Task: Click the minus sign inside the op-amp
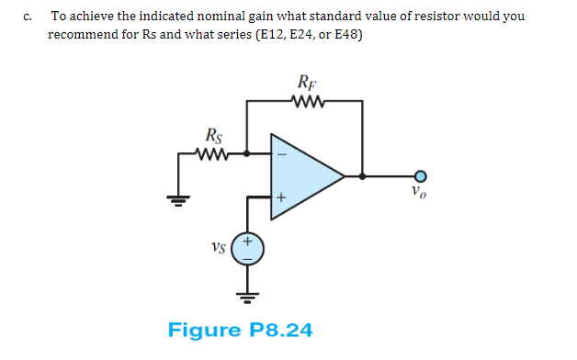pos(282,155)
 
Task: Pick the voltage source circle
pos(247,248)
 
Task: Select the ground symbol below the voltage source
pos(247,295)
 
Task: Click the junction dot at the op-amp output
pos(363,174)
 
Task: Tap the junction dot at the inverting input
pos(246,155)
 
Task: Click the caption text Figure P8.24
pos(240,329)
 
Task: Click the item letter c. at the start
pos(29,17)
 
